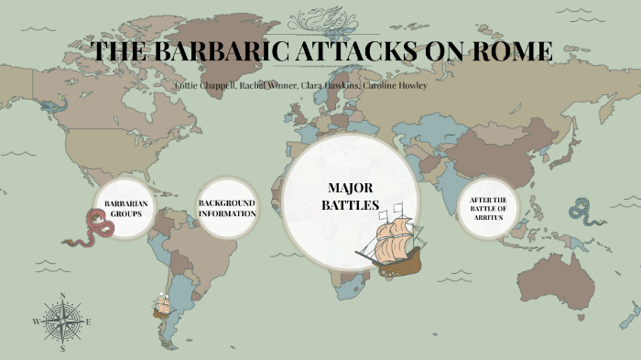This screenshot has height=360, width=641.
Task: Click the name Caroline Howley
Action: tap(395, 85)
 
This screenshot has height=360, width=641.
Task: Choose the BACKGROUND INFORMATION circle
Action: tap(226, 208)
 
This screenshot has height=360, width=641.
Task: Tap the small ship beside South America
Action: tap(162, 305)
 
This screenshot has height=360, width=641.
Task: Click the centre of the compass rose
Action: tap(62, 322)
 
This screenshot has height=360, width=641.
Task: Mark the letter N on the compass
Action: tap(62, 295)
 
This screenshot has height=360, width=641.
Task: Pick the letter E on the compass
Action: tap(89, 322)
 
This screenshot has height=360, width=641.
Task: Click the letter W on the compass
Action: tap(36, 322)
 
